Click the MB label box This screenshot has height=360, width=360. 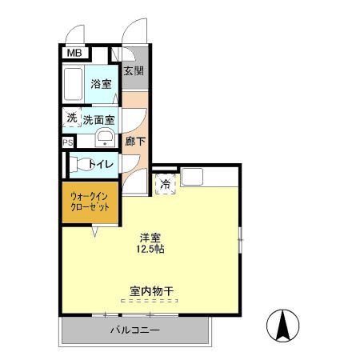tap(74, 54)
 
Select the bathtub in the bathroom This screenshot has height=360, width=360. tap(74, 85)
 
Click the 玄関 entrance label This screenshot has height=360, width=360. tap(134, 70)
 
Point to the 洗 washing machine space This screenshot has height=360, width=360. tap(71, 118)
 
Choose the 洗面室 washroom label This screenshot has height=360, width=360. tap(98, 120)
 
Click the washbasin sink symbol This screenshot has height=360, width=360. tap(103, 138)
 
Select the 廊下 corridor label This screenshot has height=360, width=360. tap(135, 142)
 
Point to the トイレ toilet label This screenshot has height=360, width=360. tap(102, 164)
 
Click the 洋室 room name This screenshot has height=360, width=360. tap(150, 237)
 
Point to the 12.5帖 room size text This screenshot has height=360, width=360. tap(150, 250)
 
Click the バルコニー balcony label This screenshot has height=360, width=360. tap(134, 330)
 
